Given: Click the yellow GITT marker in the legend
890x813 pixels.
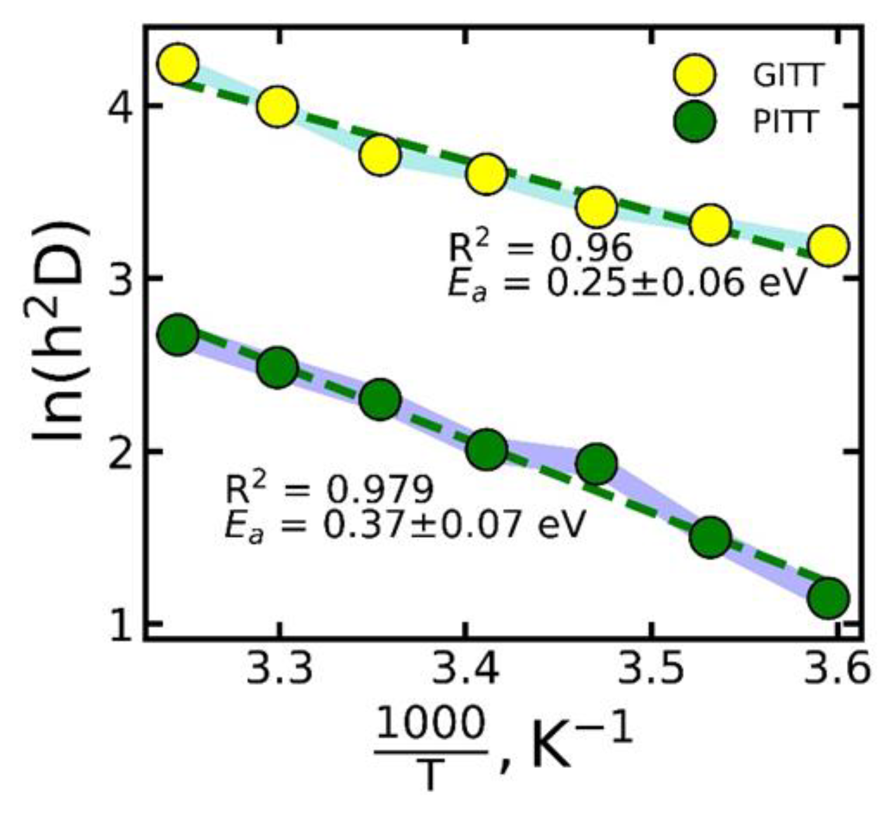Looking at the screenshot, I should pos(694,75).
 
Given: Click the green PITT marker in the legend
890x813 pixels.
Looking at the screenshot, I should pos(694,122).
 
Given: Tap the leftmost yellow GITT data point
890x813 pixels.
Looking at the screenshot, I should pos(178,64).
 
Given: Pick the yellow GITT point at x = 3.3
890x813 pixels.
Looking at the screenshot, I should pos(277,106).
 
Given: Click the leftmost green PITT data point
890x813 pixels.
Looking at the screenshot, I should pos(178,335).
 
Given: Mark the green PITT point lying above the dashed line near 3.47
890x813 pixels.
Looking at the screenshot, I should pos(597,464).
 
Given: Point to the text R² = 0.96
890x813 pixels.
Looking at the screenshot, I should pos(540,247).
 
